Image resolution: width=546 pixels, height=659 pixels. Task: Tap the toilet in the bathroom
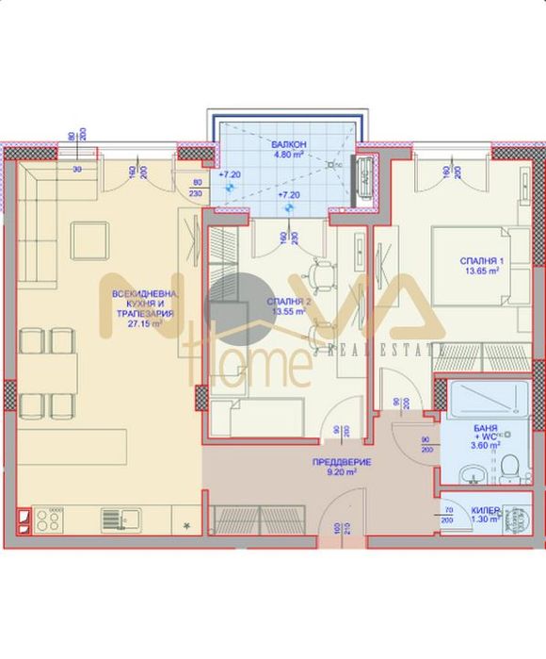(509, 467)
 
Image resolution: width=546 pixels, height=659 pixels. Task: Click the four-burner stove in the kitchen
(49, 518)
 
